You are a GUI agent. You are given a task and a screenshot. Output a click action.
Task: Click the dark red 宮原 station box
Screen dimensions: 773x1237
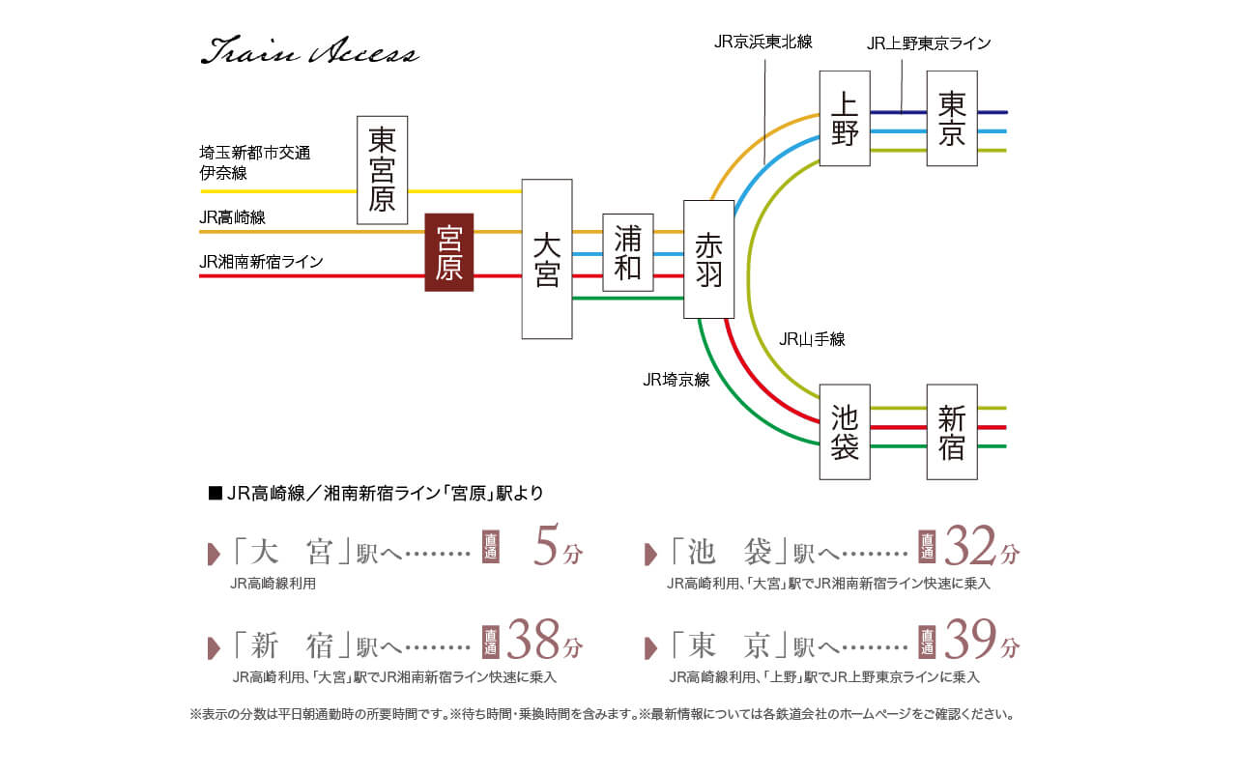click(x=449, y=252)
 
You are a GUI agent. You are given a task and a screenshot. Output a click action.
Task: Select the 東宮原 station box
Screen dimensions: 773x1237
click(x=382, y=170)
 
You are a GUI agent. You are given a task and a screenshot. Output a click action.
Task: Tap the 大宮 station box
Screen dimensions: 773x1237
click(x=546, y=259)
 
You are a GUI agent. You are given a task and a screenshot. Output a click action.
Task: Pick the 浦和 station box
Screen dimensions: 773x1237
click(x=627, y=252)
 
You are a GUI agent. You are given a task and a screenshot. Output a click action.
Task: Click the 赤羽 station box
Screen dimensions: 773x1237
click(x=708, y=259)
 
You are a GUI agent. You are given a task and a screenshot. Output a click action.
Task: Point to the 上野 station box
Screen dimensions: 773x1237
click(x=845, y=118)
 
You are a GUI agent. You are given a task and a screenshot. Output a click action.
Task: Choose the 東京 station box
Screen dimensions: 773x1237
click(x=952, y=118)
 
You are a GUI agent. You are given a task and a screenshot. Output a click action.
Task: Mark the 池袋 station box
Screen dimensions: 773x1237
click(x=845, y=431)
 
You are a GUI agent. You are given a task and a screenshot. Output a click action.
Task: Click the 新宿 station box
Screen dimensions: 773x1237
click(x=952, y=431)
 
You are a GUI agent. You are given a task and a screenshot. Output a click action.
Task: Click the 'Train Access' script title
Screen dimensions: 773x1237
click(x=309, y=52)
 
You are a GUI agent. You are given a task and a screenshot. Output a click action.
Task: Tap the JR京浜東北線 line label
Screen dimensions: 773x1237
click(x=762, y=42)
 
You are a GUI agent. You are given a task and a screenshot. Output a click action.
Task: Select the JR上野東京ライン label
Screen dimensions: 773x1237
click(x=928, y=43)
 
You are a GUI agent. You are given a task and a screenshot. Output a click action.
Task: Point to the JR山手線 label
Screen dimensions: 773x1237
click(x=812, y=339)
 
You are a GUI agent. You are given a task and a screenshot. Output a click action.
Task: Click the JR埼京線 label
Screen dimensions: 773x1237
click(x=676, y=380)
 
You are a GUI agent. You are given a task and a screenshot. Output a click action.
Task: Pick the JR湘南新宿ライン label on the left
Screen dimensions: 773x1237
click(x=261, y=261)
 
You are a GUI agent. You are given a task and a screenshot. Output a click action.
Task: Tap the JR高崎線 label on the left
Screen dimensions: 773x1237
click(x=232, y=218)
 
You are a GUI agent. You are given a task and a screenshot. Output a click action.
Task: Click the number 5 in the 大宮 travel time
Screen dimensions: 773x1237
click(x=546, y=549)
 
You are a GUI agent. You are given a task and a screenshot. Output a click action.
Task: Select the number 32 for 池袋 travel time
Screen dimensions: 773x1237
click(x=970, y=548)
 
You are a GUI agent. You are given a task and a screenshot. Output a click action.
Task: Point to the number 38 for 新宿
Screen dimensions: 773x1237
click(x=533, y=640)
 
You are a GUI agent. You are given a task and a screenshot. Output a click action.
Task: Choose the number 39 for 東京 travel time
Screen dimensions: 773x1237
click(x=970, y=640)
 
